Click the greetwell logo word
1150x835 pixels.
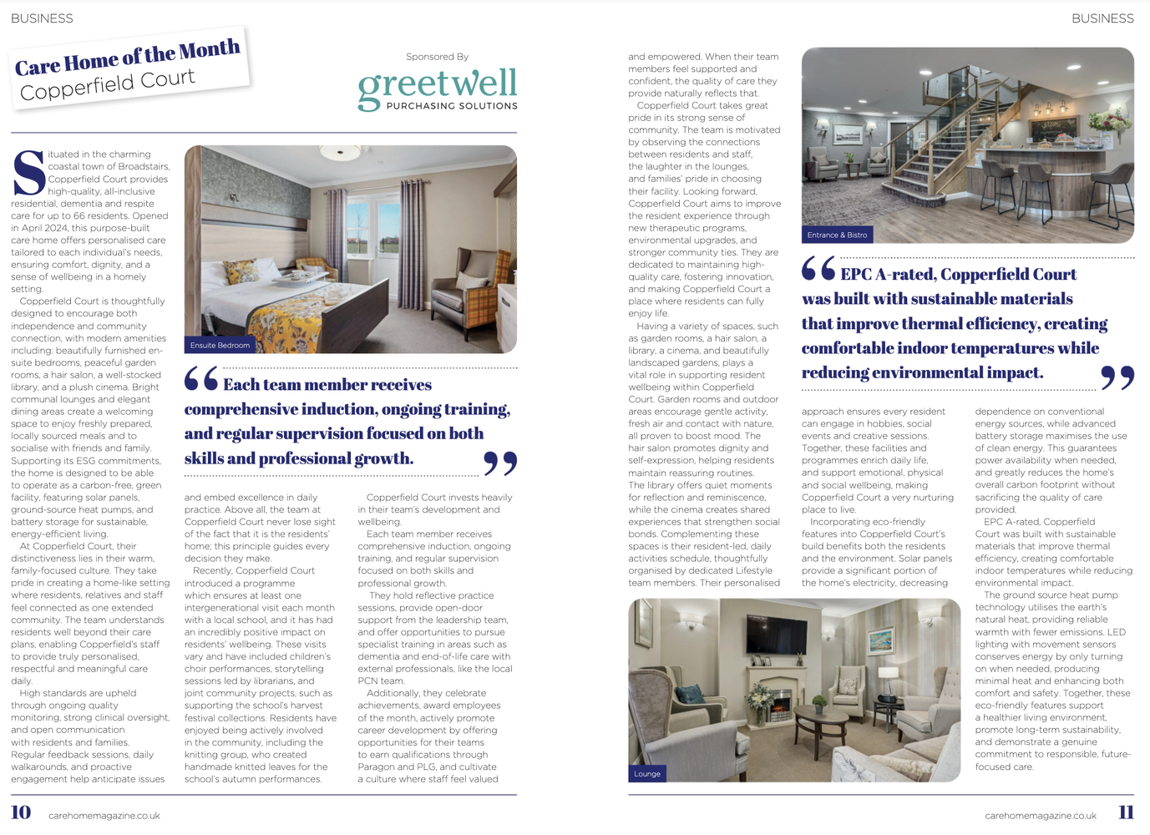tap(437, 84)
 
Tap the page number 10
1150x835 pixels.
tap(21, 812)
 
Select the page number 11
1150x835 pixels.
tap(1126, 812)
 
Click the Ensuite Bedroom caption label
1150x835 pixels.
tap(220, 345)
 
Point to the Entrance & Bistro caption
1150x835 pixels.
tap(837, 235)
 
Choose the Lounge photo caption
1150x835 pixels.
tap(647, 774)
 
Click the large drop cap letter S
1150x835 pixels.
tap(28, 173)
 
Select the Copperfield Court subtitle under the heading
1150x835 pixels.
tap(108, 84)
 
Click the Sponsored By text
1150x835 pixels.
tap(437, 57)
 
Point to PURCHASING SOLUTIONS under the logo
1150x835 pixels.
tap(452, 106)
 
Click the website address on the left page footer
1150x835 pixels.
tap(104, 816)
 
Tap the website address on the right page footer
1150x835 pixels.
tap(1041, 816)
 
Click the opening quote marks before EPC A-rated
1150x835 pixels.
tap(818, 269)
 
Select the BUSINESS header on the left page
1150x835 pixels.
tap(42, 18)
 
